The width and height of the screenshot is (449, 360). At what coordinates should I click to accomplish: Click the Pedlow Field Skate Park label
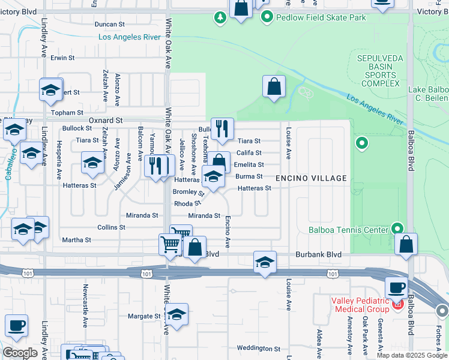click(x=321, y=17)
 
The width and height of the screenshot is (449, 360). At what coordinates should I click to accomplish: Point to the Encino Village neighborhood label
click(x=311, y=178)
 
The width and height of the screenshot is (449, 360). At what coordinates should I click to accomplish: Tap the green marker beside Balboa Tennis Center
click(x=396, y=229)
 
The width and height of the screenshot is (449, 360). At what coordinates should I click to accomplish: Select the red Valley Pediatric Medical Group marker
click(x=397, y=305)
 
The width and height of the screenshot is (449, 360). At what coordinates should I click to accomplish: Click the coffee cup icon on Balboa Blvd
click(x=396, y=288)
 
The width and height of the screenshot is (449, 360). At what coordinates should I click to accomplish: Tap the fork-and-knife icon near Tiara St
click(x=222, y=128)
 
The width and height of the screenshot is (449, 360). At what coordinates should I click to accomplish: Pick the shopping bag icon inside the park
click(x=274, y=86)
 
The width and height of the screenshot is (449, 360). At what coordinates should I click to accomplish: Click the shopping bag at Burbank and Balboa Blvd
click(x=406, y=244)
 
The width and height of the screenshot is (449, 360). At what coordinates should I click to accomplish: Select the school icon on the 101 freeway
click(x=265, y=262)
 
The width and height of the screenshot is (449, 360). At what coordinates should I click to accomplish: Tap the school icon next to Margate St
click(x=176, y=314)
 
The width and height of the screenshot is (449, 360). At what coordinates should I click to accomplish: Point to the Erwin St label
click(x=62, y=58)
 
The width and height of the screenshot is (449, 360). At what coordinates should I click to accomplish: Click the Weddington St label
click(x=259, y=348)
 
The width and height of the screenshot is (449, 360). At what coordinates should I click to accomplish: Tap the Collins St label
click(x=112, y=227)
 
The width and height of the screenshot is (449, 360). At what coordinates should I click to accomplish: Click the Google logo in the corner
click(x=20, y=353)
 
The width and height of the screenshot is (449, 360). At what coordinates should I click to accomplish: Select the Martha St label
click(x=76, y=240)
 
